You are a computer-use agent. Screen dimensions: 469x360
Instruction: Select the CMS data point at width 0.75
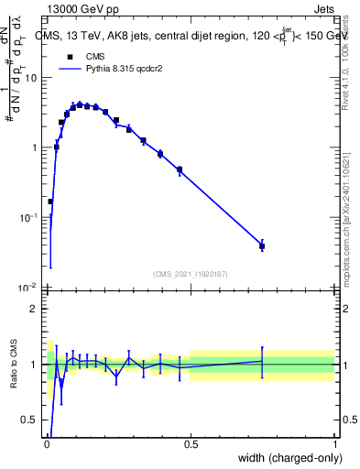pos(262,245)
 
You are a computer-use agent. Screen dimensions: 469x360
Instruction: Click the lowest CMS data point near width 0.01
pos(49,201)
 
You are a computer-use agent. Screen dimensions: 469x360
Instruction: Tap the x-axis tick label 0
pos(47,444)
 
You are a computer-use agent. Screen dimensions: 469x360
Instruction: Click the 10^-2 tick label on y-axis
pos(30,287)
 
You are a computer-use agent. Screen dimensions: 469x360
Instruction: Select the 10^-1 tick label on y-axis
pos(30,217)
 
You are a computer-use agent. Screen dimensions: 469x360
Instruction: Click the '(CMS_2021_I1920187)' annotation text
pos(190,274)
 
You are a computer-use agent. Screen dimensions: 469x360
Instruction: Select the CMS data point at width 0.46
pos(180,169)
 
